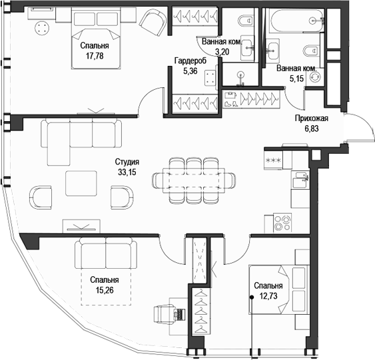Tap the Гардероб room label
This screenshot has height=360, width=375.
coord(190,61)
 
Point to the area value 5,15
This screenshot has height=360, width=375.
coord(294,79)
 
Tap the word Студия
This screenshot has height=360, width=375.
coord(127,162)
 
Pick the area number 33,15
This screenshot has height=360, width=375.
coord(127,172)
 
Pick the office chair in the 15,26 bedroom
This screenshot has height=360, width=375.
coord(166,313)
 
